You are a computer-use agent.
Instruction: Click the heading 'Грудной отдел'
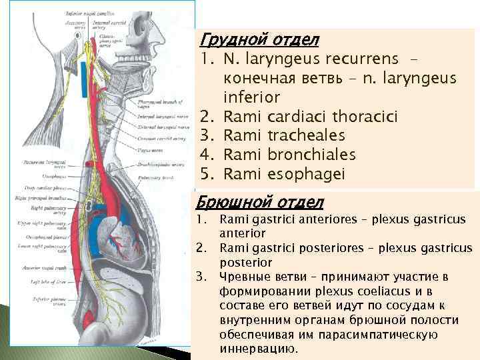tap(251, 41)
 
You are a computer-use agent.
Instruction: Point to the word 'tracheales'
tap(304, 136)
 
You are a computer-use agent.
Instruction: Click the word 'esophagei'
tap(301, 173)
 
